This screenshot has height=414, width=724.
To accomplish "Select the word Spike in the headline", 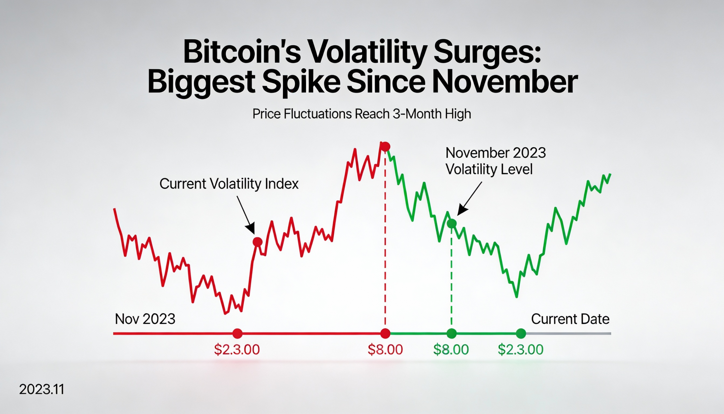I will point(301,82).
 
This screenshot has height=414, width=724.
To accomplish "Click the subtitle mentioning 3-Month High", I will point(362,114).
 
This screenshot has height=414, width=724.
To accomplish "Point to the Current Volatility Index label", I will point(229,184).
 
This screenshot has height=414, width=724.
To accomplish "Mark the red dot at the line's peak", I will point(385,147).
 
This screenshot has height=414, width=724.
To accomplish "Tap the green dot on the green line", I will point(451,224).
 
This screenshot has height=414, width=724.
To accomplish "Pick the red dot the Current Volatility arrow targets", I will point(257,242).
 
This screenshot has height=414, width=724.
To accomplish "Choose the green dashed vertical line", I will point(451,279).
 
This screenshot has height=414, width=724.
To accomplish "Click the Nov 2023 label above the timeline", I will point(145,319).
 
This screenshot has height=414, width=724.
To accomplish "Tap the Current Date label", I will point(570,319).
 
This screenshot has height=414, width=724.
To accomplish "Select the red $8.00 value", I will point(385,349).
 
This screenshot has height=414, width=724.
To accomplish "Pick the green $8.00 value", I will point(451,349).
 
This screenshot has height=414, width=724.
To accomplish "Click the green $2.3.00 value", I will point(521,349).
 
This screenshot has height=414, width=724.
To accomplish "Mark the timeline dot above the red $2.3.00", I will point(238,333).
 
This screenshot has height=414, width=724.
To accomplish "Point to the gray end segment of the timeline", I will point(568,333).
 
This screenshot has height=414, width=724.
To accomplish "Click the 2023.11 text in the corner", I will point(42,389).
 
